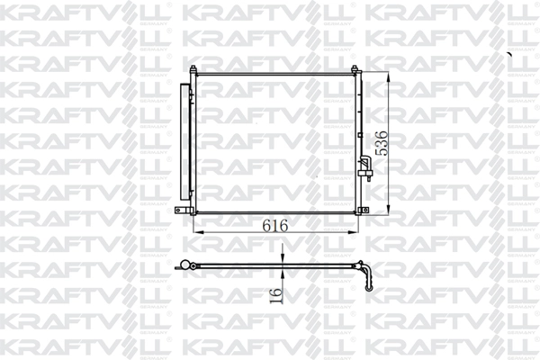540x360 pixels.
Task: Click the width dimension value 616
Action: click(x=275, y=226)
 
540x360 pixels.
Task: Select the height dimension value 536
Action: click(x=382, y=144)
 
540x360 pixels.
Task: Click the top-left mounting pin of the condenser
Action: click(x=195, y=70)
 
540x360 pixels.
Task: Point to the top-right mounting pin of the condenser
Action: click(x=358, y=70)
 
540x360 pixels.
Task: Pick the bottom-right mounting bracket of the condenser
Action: click(x=363, y=211)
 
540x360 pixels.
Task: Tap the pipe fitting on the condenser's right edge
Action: click(x=364, y=166)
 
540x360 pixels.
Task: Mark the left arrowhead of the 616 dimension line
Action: click(x=198, y=233)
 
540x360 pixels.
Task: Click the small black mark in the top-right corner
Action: click(x=509, y=54)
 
